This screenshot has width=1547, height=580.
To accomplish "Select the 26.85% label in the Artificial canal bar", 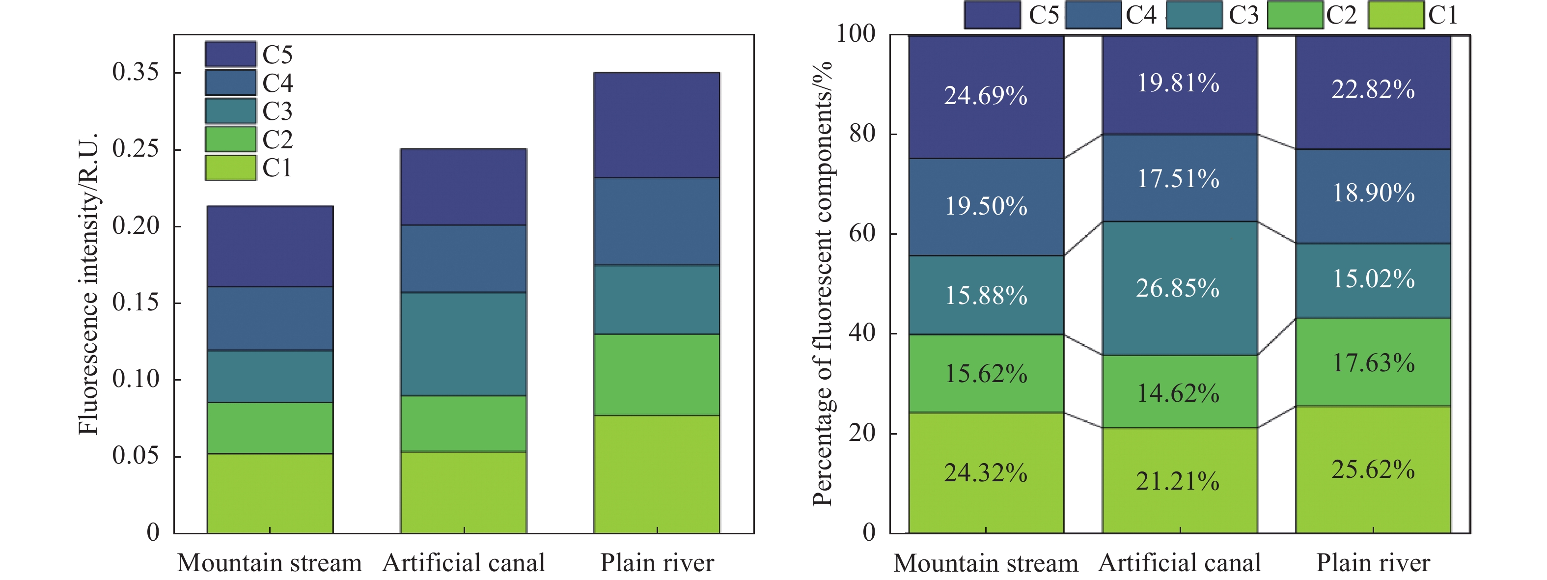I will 1178,289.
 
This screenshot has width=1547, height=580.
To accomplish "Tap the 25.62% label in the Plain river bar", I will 1373,470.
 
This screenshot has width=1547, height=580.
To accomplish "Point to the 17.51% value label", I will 1178,179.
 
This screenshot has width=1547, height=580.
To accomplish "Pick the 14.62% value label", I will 1178,394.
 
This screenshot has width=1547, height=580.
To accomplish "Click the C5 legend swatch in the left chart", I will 231,54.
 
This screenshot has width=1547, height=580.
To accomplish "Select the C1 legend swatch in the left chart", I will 231,167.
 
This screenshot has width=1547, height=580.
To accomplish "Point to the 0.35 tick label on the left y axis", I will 136,72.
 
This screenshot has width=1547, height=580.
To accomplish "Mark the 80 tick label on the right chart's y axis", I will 862,134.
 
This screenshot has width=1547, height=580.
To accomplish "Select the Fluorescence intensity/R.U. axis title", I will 88,283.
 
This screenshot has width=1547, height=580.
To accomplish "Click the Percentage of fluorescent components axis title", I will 822,283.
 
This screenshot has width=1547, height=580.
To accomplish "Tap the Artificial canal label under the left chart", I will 464,563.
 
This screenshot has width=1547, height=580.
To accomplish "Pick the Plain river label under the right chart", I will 1373,563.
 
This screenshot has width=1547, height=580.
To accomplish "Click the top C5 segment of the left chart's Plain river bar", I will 657,125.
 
